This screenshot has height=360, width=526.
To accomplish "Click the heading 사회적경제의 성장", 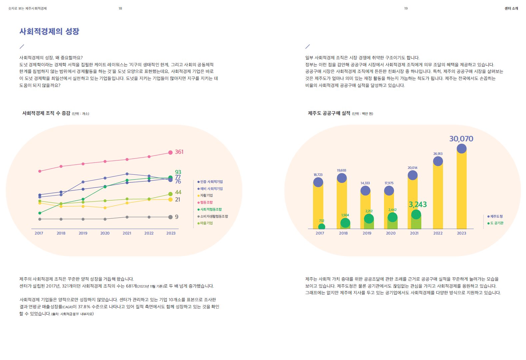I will point(49,31).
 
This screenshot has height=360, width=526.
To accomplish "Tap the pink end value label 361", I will point(179,152).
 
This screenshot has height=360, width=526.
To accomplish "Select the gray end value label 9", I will point(177,217).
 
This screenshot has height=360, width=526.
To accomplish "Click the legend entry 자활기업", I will point(206,196).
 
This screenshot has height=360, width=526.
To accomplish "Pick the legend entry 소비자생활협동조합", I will point(214,216).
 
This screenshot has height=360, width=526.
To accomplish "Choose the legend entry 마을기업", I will point(206,223).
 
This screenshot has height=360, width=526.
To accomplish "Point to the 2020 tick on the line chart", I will point(105,233).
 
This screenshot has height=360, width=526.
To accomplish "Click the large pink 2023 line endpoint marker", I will point(170,152).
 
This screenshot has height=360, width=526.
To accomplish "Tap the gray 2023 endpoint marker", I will point(170,217).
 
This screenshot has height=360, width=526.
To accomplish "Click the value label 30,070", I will point(461,139).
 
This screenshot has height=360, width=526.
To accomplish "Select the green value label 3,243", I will point(418,204).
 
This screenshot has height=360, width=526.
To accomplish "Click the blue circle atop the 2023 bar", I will point(461,149).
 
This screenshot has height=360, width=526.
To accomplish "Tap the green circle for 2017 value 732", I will point(321,227).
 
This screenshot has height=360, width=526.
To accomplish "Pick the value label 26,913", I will point(438,154).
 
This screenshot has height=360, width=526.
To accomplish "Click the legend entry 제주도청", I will point(496,217).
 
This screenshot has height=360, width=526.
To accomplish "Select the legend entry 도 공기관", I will point(496,223).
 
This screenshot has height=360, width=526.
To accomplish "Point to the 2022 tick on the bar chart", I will point(438,233).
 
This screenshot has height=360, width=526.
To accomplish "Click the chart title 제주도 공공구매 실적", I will point(329,113).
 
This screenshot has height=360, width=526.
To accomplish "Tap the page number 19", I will point(406,9).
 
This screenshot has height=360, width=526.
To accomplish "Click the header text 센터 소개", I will point(511,9).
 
